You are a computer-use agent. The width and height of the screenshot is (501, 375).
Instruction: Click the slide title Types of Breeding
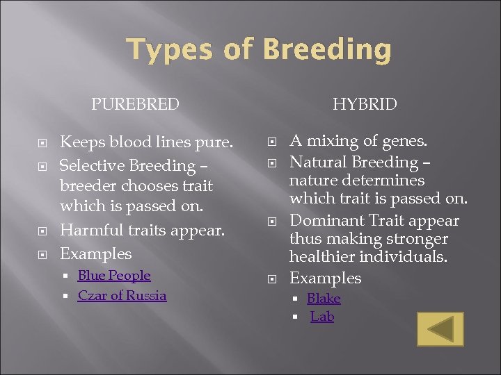(259, 50)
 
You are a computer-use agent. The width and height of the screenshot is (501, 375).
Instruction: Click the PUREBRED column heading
(135, 105)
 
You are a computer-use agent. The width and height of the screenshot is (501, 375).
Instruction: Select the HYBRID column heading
(365, 105)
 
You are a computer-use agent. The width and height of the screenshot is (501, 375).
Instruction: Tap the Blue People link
(114, 276)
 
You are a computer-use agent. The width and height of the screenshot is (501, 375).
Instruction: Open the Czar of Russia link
(122, 296)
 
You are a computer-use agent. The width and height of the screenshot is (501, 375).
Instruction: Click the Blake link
(324, 299)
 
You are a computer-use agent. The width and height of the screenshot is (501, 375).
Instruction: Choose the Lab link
(322, 317)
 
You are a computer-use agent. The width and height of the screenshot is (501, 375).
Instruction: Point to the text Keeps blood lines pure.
(146, 142)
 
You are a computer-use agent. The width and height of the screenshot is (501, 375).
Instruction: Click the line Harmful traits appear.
(142, 230)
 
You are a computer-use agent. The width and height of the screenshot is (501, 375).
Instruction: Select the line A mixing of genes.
(358, 142)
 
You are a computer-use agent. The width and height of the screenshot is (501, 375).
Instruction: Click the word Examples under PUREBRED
(95, 253)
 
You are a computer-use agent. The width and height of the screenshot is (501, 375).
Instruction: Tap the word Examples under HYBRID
(325, 278)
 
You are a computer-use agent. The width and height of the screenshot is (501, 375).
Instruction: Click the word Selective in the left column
(88, 166)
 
